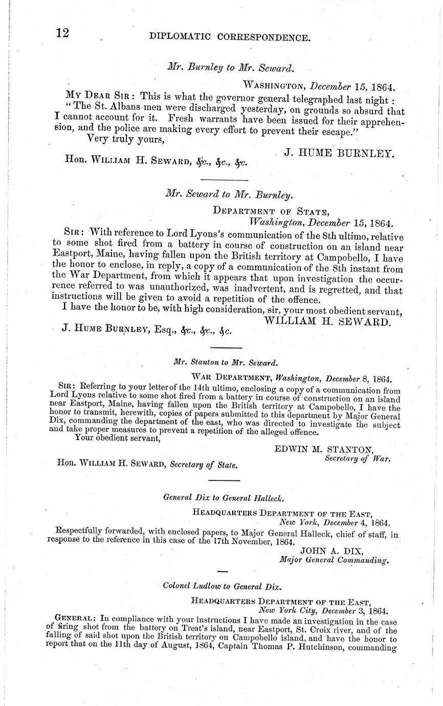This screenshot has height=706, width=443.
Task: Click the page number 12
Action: (63, 33)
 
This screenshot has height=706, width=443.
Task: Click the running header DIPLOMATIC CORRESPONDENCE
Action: (229, 37)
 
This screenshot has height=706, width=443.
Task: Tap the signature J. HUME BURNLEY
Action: (339, 152)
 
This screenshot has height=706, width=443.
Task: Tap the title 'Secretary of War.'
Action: (358, 458)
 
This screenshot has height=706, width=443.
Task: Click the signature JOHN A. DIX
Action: (331, 550)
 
